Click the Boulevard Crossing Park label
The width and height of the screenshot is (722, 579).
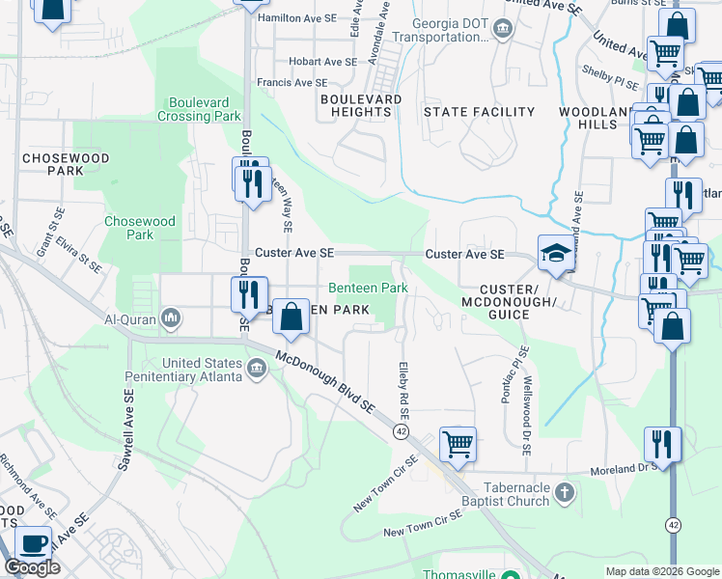pos(204,109)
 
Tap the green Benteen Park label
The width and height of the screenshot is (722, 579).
pos(368,288)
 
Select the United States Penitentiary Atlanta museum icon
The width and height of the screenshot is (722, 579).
pos(257,367)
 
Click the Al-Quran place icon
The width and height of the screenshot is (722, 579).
pos(171,317)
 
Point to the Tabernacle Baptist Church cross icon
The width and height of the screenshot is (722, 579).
pos(565,495)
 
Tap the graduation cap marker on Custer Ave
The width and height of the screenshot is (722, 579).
pos(555,254)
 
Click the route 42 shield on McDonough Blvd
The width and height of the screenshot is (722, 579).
pos(401,431)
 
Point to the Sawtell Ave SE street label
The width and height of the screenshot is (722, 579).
pos(125,430)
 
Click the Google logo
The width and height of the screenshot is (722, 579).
pos(32,567)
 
